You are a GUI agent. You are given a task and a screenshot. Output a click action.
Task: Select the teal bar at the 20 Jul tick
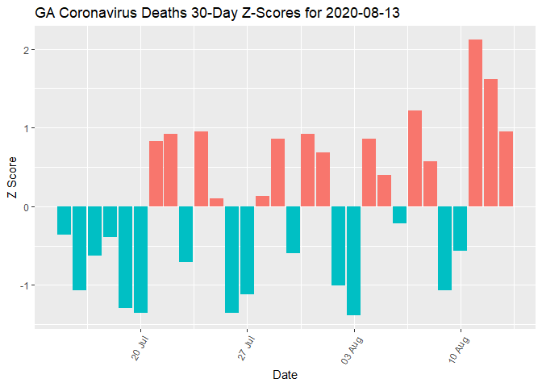[x=140, y=259]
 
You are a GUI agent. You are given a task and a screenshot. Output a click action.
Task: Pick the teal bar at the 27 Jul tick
[x=247, y=250]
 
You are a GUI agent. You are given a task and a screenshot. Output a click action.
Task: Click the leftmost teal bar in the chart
[x=64, y=220]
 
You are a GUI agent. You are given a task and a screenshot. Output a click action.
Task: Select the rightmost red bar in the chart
[x=506, y=169]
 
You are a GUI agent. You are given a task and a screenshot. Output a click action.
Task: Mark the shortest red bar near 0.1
[x=216, y=202]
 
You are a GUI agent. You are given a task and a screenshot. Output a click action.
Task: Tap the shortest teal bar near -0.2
[x=399, y=214]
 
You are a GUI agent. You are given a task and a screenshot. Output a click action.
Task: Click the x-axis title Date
[x=285, y=375]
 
